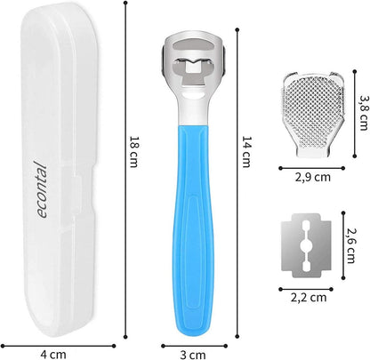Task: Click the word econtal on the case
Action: click(42, 189)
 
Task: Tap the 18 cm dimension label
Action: click(133, 152)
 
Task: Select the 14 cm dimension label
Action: click(246, 152)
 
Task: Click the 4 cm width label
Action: click(53, 354)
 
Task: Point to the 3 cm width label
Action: click(193, 355)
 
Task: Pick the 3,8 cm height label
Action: click(363, 113)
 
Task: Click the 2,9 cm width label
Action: click(312, 177)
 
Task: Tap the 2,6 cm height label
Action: click(350, 245)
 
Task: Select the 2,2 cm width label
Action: click(309, 297)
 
